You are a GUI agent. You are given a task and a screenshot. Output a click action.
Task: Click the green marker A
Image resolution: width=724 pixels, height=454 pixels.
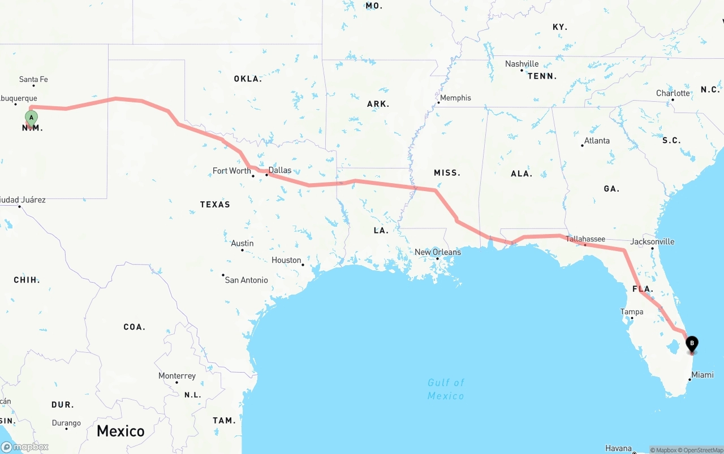pos(31,118)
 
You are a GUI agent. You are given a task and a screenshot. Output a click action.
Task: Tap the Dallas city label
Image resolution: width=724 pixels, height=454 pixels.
pos(280,170)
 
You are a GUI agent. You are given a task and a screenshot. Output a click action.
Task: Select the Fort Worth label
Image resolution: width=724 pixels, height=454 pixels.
pos(231,171)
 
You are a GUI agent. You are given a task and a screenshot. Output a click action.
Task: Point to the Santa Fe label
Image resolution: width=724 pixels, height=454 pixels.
pos(33,80)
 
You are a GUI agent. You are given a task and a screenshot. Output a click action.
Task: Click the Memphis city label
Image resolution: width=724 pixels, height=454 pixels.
pos(455,98)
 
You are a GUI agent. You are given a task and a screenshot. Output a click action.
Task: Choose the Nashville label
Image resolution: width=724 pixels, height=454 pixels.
pos(522,64)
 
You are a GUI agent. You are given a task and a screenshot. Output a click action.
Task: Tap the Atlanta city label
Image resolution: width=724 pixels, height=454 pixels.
pos(597,141)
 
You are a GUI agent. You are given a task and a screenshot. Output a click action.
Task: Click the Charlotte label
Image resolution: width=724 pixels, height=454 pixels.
pos(673,93)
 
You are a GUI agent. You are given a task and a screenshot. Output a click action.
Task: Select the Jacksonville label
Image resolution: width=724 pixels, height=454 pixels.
pos(652,241)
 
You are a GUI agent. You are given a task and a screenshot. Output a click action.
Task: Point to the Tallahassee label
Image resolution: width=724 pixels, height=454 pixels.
pos(585,239)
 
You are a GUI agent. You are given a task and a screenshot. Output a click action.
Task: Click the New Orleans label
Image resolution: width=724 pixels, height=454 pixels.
pos(438,252)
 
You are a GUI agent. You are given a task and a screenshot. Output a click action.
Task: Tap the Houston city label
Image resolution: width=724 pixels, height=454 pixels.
pos(286,260)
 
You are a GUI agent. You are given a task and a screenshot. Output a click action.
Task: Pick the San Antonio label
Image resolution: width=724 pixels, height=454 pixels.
pos(246,280)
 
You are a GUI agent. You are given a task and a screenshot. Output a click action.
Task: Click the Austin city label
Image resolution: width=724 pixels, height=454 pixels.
pos(242,244)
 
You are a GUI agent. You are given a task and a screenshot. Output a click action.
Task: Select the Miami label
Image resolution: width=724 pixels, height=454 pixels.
pos(703,375)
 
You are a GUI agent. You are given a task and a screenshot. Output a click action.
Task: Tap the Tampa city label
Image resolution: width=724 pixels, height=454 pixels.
pos(632,312)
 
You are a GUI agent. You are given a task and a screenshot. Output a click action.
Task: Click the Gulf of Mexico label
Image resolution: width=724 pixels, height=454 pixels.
pos(446,389)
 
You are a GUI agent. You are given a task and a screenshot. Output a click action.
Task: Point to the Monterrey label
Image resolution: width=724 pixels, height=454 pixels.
pos(177,376)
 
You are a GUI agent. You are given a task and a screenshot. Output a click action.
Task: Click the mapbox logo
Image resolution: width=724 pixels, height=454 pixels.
pos(25,447)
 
